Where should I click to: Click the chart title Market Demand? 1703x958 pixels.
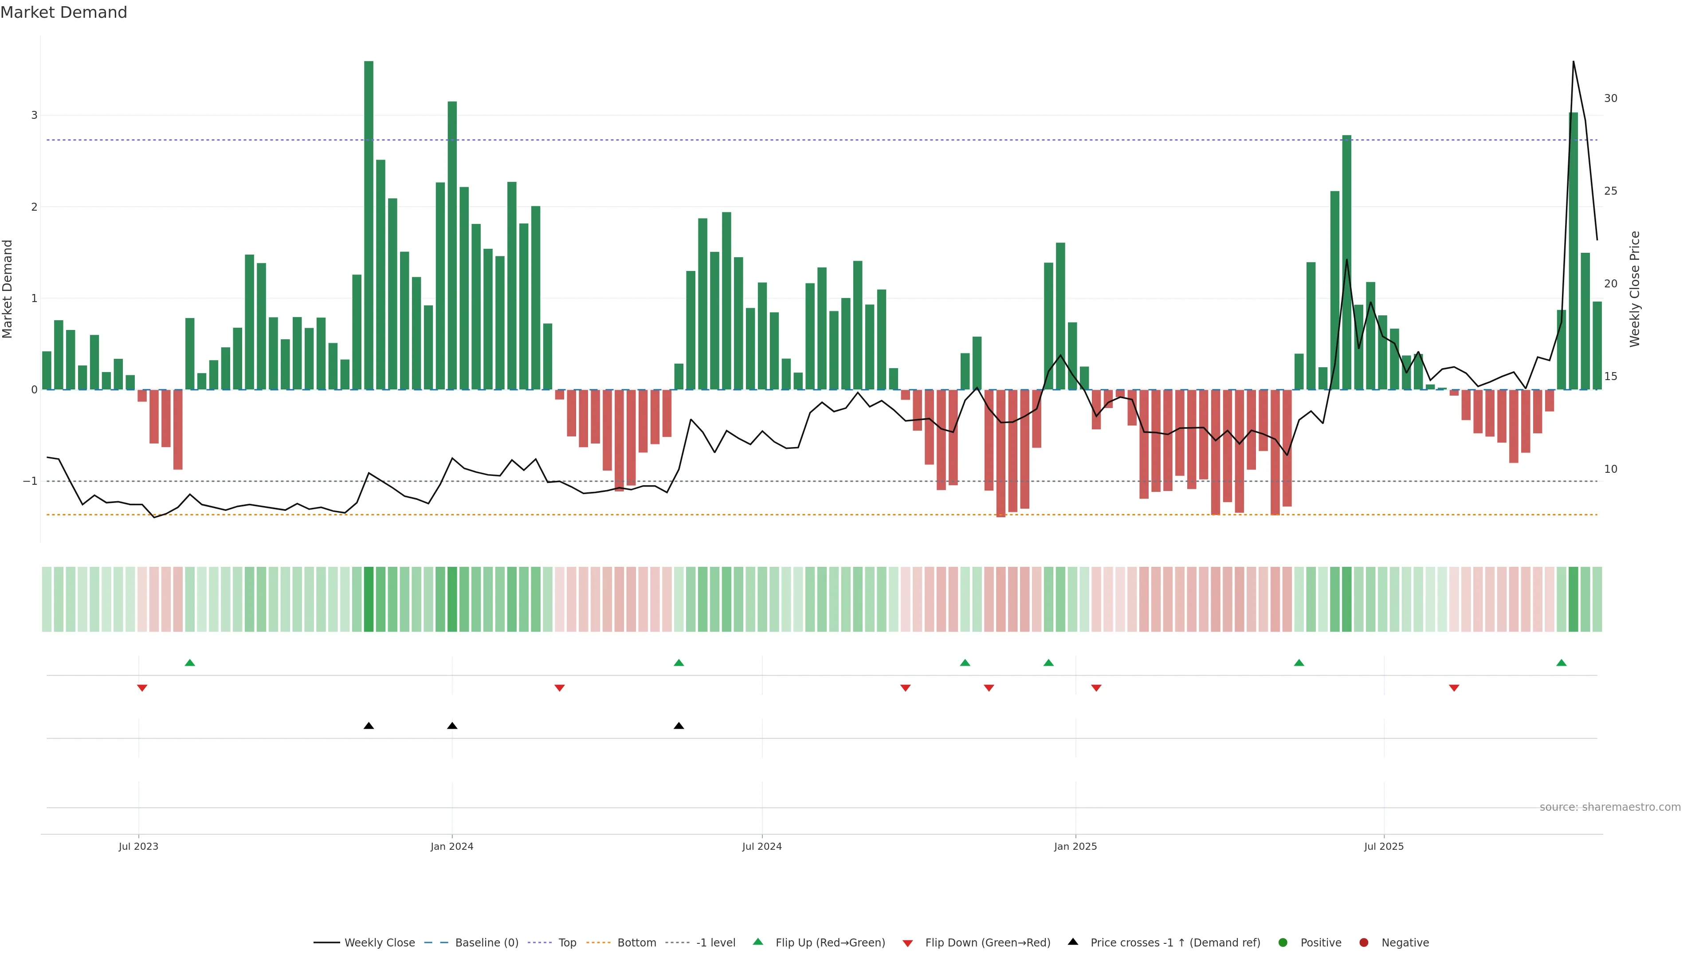63,12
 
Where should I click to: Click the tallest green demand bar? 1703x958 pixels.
368,225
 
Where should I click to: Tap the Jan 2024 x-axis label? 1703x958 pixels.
451,846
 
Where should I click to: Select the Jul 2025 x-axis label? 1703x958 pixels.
1384,846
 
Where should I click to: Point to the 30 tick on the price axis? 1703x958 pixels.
1610,98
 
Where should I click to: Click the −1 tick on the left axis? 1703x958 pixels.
30,481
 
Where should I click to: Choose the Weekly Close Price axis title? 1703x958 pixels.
1635,289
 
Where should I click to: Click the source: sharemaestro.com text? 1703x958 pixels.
1610,807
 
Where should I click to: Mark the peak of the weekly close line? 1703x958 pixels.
1573,62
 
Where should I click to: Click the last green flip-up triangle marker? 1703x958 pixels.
1562,663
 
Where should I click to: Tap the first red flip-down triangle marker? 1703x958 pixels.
142,688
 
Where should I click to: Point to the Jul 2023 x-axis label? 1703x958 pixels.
138,846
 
